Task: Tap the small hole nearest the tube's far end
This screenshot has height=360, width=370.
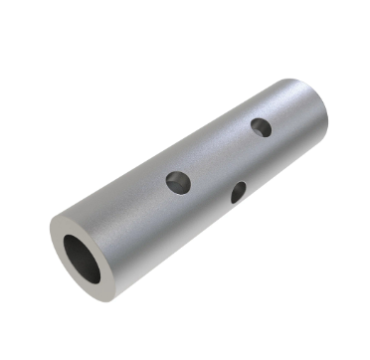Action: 261,127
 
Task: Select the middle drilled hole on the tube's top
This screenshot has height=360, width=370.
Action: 178,182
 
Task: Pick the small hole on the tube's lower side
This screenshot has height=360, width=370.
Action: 239,192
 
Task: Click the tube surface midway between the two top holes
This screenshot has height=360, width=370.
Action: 220,154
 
